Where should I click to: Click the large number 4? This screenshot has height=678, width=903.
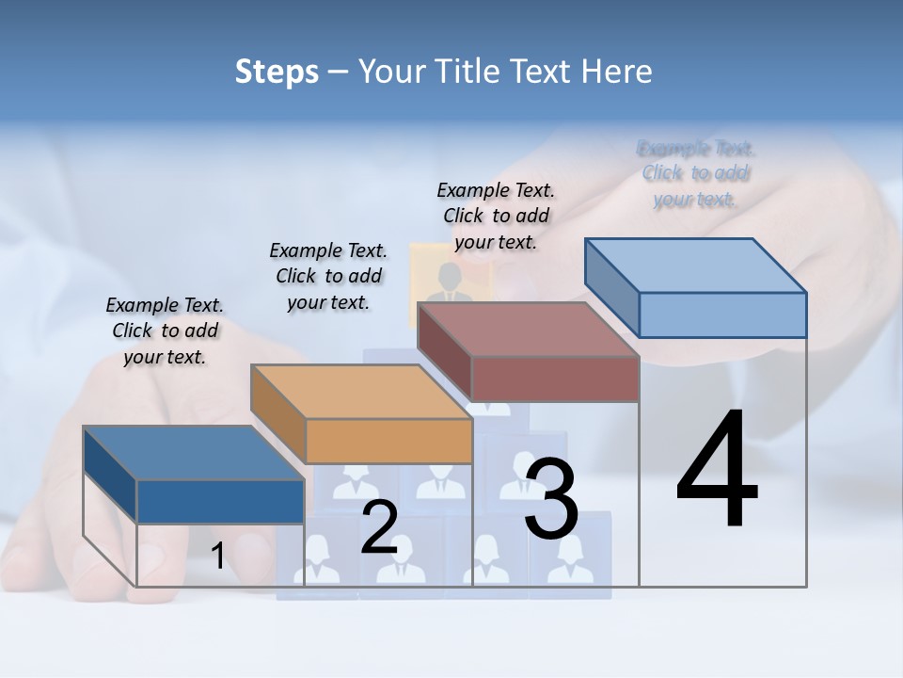[717, 471]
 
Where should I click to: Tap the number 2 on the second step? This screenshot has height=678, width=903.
[379, 526]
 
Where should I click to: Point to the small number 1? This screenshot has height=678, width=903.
[217, 557]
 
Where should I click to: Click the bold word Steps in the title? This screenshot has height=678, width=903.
[277, 72]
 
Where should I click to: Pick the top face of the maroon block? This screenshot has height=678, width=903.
[528, 330]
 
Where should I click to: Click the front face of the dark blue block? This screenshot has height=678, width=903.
[220, 501]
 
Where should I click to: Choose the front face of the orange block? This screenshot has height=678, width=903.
[388, 441]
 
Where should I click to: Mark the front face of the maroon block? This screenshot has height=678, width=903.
[555, 379]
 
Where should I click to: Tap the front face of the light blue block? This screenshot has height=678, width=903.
[722, 315]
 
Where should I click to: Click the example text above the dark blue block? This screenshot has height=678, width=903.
[165, 331]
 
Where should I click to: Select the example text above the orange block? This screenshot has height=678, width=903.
[328, 276]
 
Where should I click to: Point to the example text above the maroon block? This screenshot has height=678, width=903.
[496, 216]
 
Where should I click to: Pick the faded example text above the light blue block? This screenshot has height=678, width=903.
[696, 173]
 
